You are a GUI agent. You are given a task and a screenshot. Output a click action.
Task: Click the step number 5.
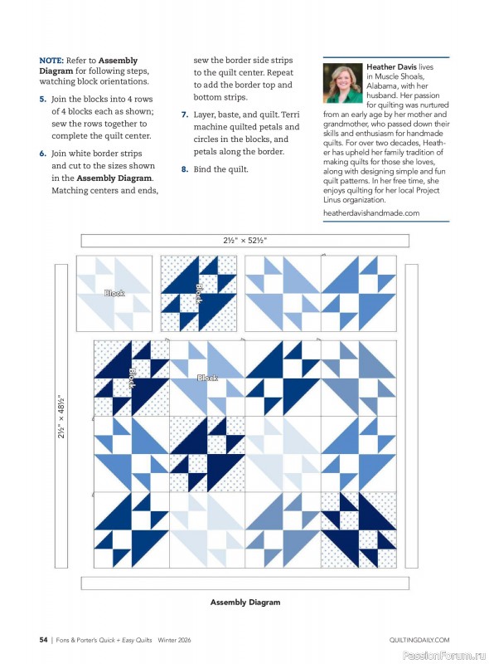[42, 99]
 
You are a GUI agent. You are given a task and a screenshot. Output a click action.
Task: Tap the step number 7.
[185, 114]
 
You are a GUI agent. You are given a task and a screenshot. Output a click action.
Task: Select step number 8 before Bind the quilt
[185, 169]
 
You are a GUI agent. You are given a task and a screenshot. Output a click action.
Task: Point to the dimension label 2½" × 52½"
[244, 241]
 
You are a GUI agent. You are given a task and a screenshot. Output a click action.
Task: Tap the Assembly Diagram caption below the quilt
[244, 602]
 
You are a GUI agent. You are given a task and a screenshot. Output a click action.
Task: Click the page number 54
[43, 640]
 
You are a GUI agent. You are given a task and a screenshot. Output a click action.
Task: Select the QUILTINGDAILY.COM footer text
[419, 640]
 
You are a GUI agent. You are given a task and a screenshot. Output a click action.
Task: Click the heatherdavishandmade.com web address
[370, 213]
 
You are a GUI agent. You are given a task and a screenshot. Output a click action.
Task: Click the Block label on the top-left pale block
[114, 293]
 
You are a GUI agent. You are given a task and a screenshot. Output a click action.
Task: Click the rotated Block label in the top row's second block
[198, 292]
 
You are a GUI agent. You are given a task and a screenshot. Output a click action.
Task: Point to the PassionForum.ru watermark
[444, 654]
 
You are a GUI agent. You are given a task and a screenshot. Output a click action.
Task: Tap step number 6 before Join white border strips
[42, 154]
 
